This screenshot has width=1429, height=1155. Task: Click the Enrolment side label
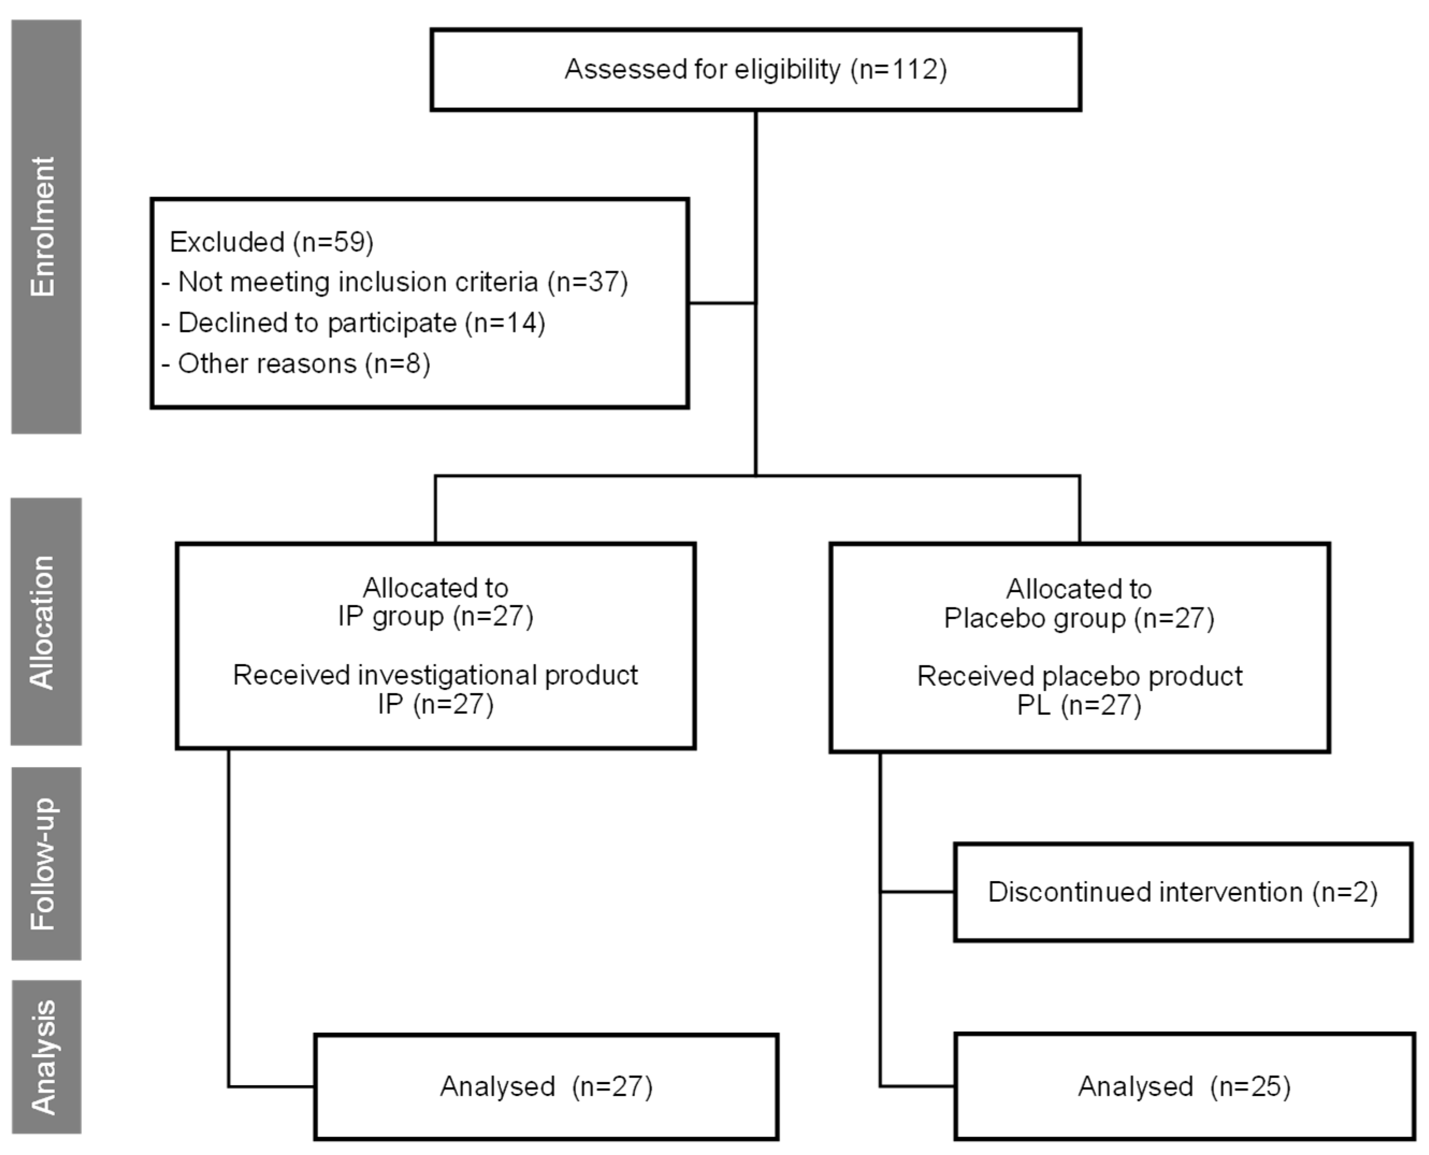coord(45,226)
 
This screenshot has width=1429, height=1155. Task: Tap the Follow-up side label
coord(45,863)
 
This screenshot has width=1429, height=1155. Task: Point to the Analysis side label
coord(45,1057)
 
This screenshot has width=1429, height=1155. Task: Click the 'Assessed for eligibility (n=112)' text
coord(755,69)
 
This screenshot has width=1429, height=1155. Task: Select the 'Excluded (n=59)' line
coord(271,242)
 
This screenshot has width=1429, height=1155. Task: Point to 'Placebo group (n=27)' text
coord(1078,619)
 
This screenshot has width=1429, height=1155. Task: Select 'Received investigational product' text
coord(435,675)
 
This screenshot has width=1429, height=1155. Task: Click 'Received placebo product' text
coord(1079,676)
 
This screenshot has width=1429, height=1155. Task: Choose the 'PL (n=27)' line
coord(1078,705)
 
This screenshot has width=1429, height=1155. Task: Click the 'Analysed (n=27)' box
coord(546,1086)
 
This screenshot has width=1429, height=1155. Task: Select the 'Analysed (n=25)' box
coord(1184,1086)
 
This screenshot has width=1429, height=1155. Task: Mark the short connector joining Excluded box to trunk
coord(722,303)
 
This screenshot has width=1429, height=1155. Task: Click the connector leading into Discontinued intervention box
coord(917,891)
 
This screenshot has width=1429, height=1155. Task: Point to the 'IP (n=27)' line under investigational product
coord(435,704)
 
